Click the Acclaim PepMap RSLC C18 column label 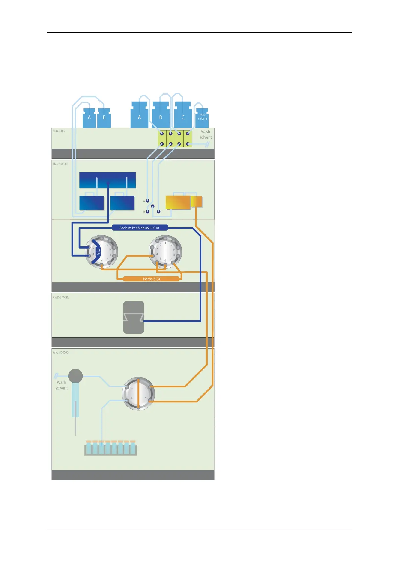[139, 228]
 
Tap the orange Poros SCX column [151, 279]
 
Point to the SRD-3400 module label [59, 131]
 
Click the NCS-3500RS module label [61, 164]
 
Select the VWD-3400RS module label [61, 297]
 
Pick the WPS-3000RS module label [61, 352]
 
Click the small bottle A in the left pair [89, 118]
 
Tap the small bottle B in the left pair [104, 118]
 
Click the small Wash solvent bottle [202, 117]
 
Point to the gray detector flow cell [133, 317]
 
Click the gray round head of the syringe [75, 376]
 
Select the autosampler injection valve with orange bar [138, 394]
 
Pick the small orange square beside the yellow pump [197, 202]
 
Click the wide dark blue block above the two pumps [108, 180]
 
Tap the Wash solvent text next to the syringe [61, 385]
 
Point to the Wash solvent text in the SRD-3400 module [205, 135]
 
